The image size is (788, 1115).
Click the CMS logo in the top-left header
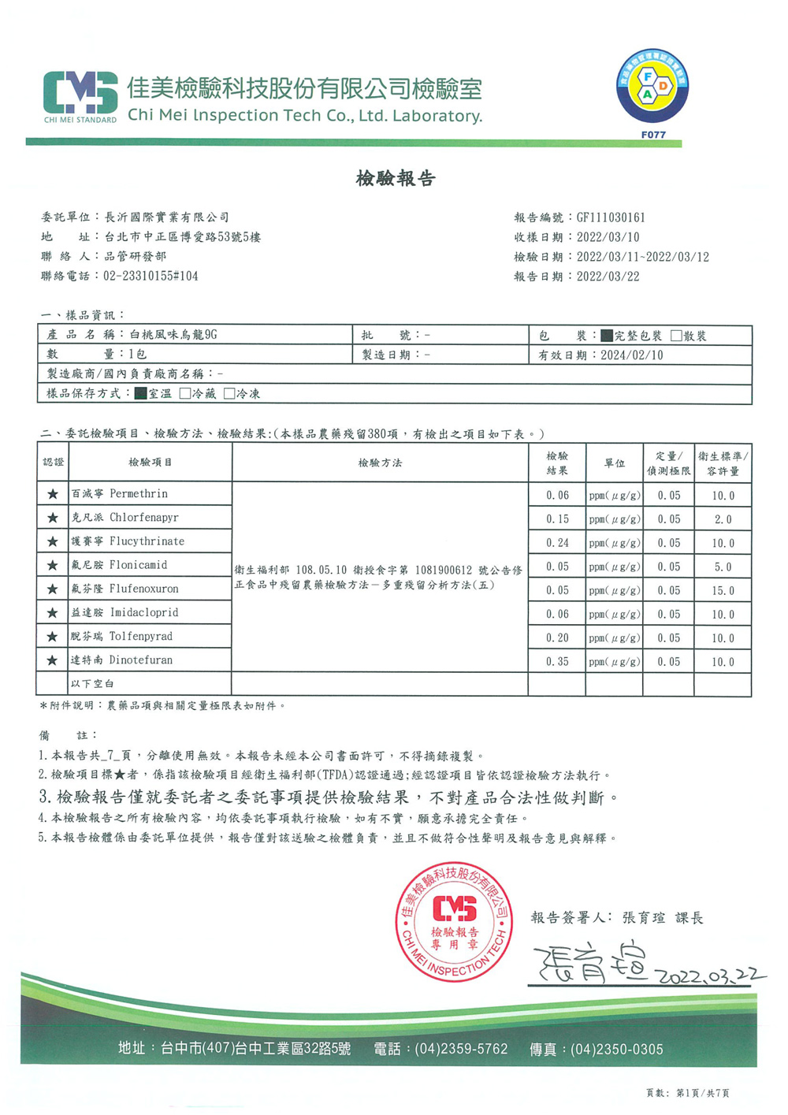[x=80, y=94]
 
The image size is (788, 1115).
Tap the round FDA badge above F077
[x=652, y=87]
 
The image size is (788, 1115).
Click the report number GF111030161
[x=611, y=217]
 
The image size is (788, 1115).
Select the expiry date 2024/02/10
[x=631, y=355]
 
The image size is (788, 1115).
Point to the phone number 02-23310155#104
[x=151, y=277]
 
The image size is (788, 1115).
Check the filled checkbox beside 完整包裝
[x=607, y=336]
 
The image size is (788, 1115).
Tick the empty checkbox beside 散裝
[x=676, y=336]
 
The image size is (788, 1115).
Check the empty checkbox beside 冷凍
[x=229, y=393]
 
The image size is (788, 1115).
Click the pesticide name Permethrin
[x=139, y=494]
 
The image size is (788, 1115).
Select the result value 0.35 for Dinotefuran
[x=557, y=662]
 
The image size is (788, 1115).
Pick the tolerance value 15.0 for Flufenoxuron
[x=723, y=591]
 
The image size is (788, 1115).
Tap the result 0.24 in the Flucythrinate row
[x=557, y=543]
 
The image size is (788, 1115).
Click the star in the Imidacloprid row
[x=53, y=613]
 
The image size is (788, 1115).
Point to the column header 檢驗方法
[x=380, y=463]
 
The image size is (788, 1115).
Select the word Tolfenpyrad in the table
[x=141, y=637]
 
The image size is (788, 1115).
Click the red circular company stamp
[x=453, y=921]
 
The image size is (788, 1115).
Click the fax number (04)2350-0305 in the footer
[x=616, y=1050]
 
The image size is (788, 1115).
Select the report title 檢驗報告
[x=396, y=179]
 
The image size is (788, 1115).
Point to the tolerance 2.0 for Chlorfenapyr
[x=723, y=519]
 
